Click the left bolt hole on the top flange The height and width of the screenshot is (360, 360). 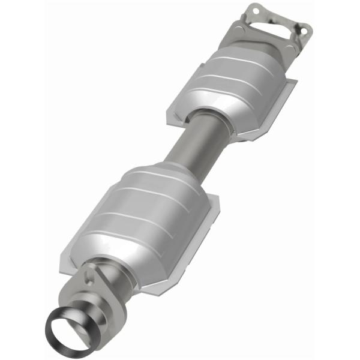click(x=253, y=10)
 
